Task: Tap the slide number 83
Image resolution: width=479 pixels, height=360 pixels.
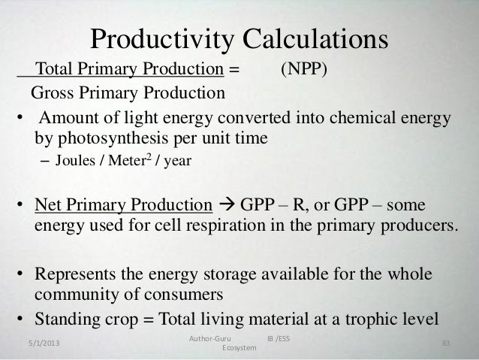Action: pos(446,343)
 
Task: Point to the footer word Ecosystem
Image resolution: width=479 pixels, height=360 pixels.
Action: pos(239,350)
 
